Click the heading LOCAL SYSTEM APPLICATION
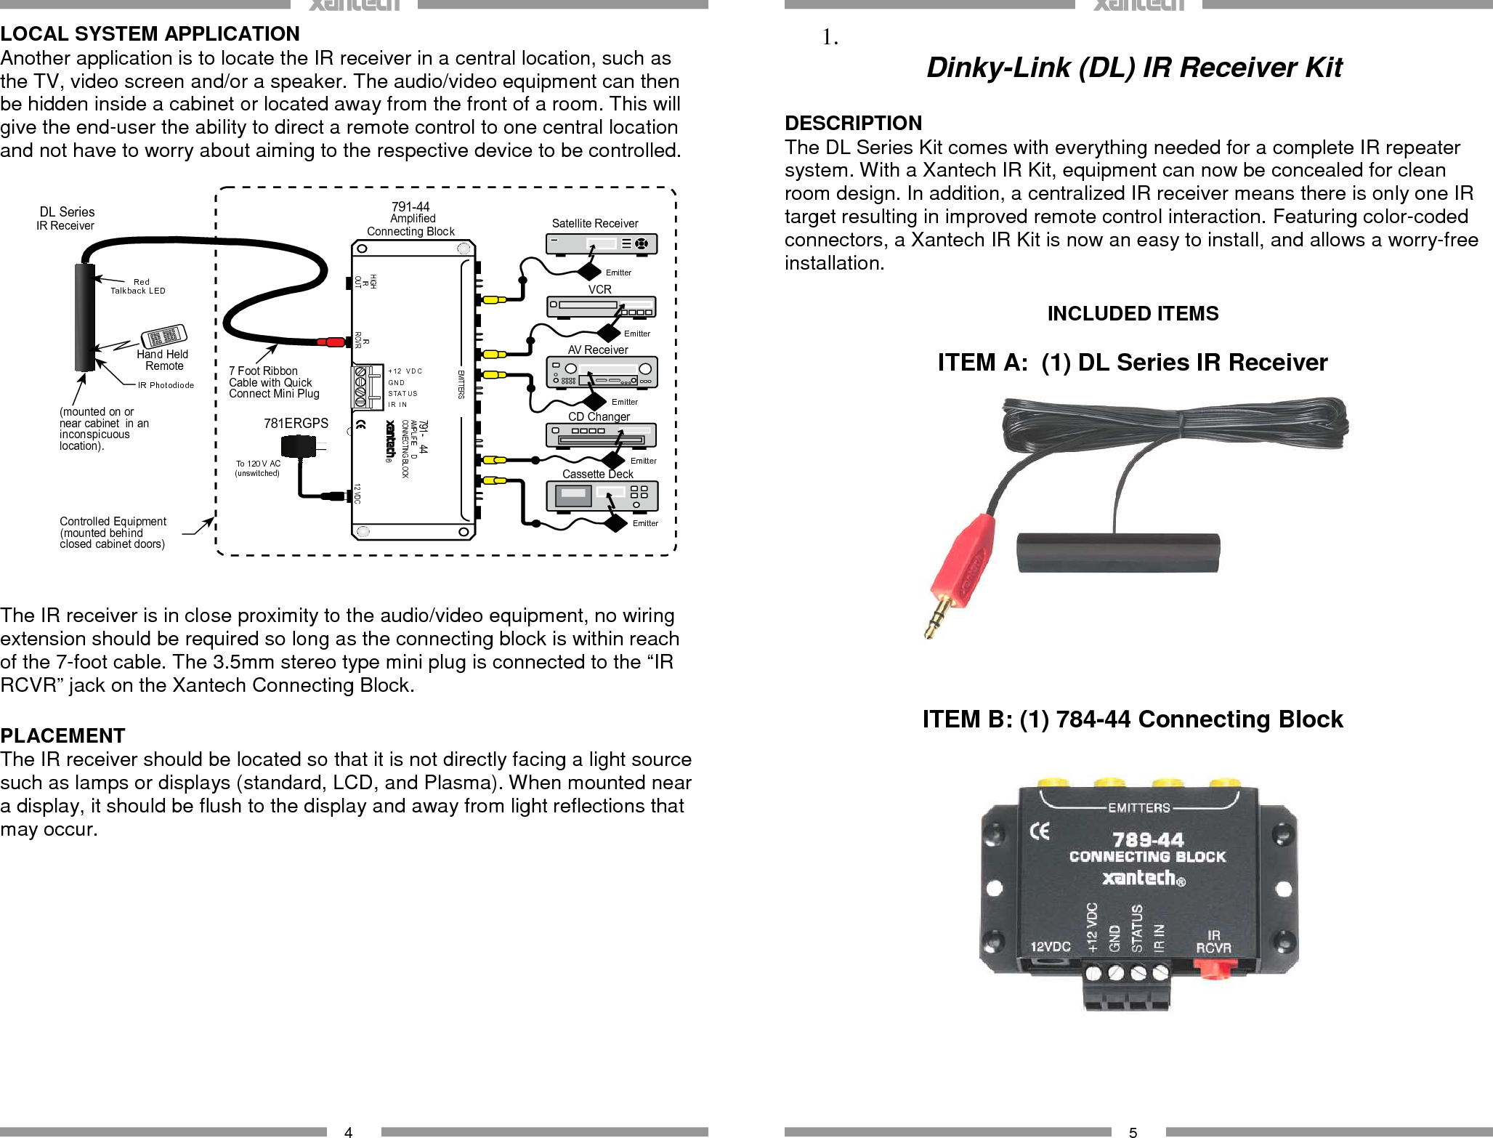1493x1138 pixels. [x=150, y=33]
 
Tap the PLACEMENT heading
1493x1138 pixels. [x=62, y=735]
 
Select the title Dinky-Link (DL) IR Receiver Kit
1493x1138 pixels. [x=1133, y=67]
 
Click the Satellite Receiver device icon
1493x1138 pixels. [x=601, y=244]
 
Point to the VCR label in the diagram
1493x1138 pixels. [x=599, y=289]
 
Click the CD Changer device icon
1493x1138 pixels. [x=601, y=436]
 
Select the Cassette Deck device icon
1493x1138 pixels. [x=601, y=496]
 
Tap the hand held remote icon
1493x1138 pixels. [x=164, y=336]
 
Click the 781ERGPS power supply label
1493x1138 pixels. [x=296, y=423]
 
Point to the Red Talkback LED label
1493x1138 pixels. [x=138, y=286]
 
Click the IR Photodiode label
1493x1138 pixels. [x=166, y=385]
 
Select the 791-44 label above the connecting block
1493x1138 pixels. [x=410, y=206]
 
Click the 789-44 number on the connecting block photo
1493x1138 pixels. [x=1148, y=840]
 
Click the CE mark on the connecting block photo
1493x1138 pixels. [x=1040, y=831]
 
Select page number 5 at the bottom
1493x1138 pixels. [x=1133, y=1131]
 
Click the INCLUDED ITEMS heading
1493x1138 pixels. [x=1133, y=313]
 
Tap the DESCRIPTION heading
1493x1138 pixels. [x=853, y=123]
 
